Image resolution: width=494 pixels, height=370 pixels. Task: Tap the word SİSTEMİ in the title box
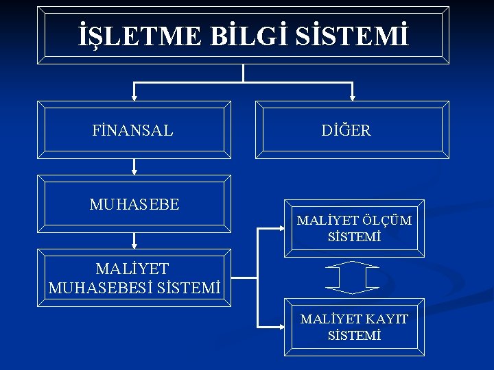(354, 35)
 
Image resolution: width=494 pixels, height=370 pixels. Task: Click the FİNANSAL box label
(132, 130)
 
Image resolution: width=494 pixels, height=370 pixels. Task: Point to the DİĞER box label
(346, 130)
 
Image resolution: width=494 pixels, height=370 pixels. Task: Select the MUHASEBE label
(134, 204)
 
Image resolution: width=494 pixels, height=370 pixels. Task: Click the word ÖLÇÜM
(388, 221)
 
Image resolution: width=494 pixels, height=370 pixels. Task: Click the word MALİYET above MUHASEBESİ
(132, 269)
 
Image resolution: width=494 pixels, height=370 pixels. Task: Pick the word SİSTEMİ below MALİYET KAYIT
(354, 336)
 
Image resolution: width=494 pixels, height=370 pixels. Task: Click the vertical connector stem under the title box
(244, 73)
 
